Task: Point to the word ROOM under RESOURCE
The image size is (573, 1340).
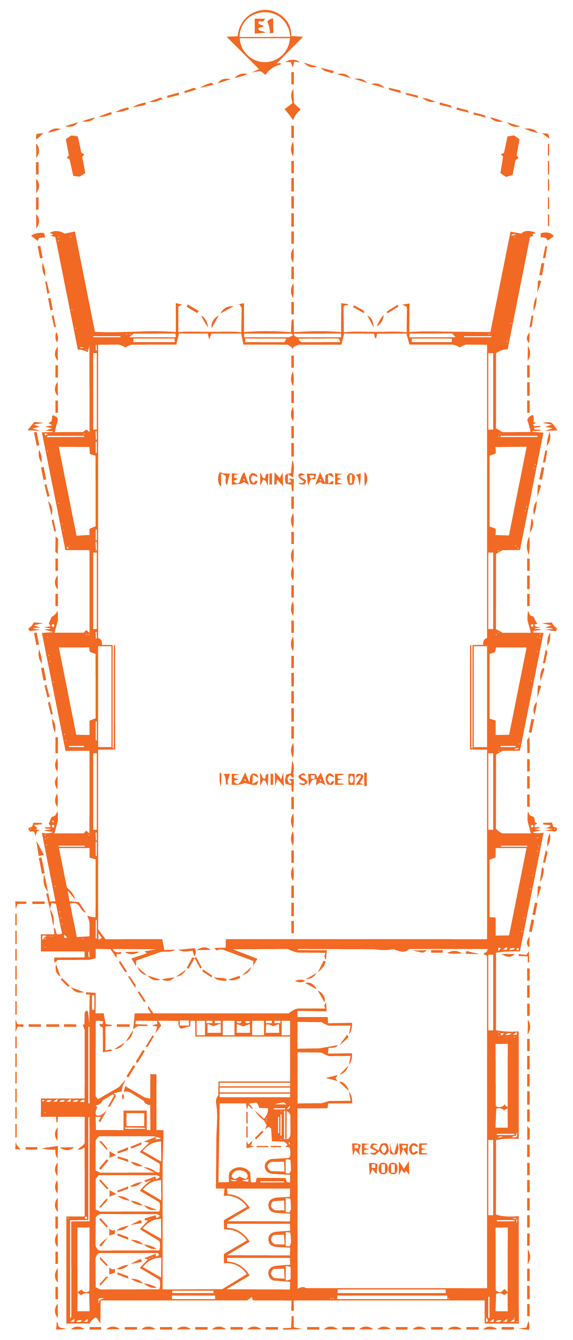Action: coord(389,1168)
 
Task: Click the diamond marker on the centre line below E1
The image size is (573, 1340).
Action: coord(293,111)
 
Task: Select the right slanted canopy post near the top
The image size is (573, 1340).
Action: coord(509,156)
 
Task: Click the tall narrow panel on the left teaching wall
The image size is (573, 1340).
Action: coord(106,697)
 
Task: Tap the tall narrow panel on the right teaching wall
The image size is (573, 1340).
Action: coord(479,697)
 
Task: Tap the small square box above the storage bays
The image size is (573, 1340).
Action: coord(135,1119)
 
